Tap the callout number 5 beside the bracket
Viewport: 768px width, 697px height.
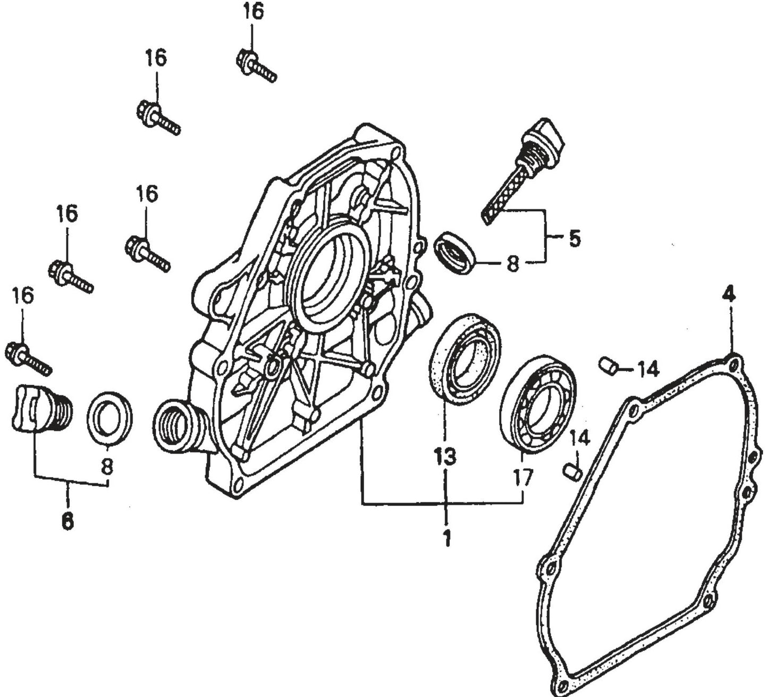tap(575, 238)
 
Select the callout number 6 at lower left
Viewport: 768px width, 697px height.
tap(67, 521)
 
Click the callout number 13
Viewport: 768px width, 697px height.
tap(444, 456)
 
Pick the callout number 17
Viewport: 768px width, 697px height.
tap(523, 477)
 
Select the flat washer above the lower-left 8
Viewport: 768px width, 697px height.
tap(109, 418)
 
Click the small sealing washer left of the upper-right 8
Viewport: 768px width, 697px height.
tap(455, 253)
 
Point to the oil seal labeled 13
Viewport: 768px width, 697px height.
tap(465, 358)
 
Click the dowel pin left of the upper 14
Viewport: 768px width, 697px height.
tap(607, 366)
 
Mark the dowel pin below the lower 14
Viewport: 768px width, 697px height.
tap(572, 471)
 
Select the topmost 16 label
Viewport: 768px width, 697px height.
tap(254, 11)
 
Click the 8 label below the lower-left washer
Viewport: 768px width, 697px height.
tap(107, 467)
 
